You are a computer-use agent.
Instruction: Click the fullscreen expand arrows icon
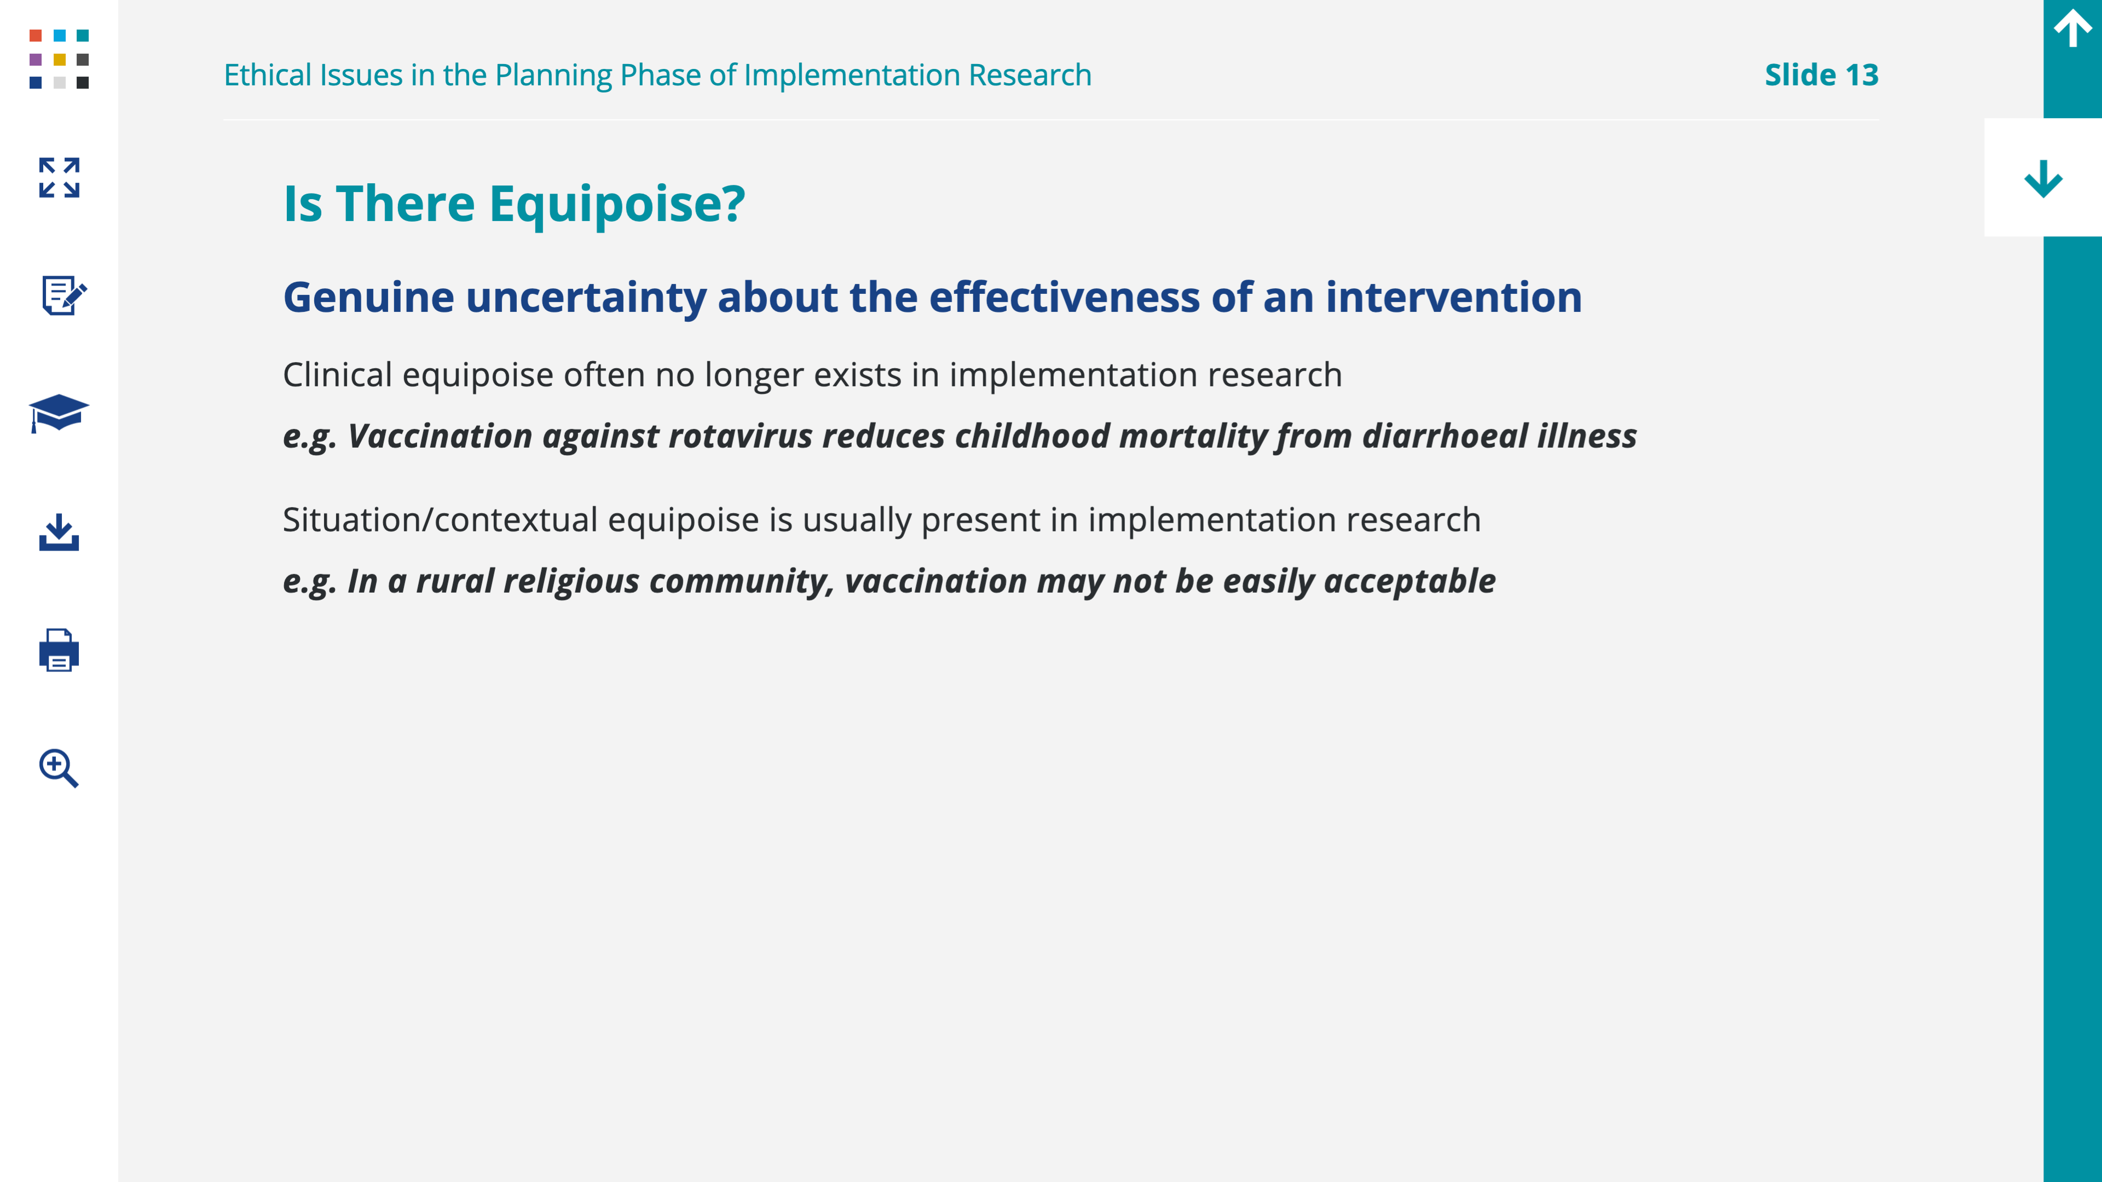(x=59, y=178)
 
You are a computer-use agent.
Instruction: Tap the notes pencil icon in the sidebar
(x=63, y=296)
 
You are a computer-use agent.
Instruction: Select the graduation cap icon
(x=59, y=414)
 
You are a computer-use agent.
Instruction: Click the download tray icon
(x=59, y=532)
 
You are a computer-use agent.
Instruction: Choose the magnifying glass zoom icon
(x=59, y=768)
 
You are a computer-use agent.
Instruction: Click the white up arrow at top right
(x=2072, y=28)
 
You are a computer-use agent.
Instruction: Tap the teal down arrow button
(x=2043, y=178)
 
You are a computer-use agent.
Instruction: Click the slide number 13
(x=1861, y=75)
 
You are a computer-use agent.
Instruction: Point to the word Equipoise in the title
(x=617, y=205)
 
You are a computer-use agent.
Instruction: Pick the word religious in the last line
(x=571, y=582)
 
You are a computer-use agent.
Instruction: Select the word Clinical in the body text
(x=338, y=375)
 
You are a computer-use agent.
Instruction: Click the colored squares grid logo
(x=59, y=59)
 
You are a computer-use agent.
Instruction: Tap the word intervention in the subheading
(x=1453, y=297)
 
